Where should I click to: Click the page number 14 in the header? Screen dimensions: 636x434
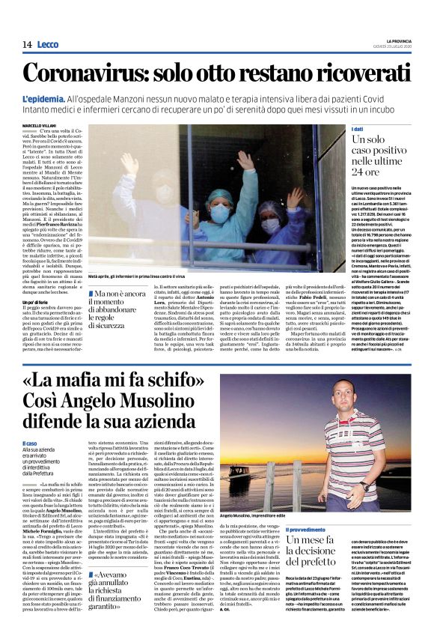26,44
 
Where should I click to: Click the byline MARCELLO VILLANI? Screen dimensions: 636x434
39,125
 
